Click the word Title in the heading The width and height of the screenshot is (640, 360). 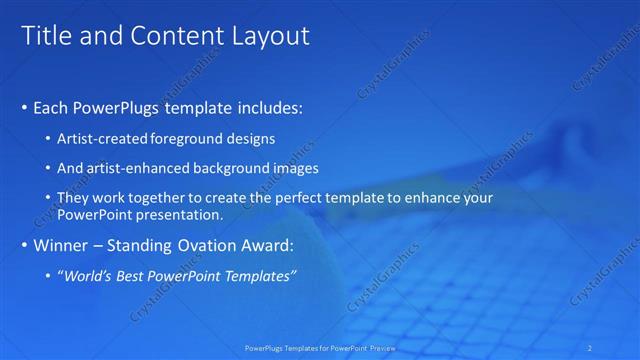click(x=47, y=36)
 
